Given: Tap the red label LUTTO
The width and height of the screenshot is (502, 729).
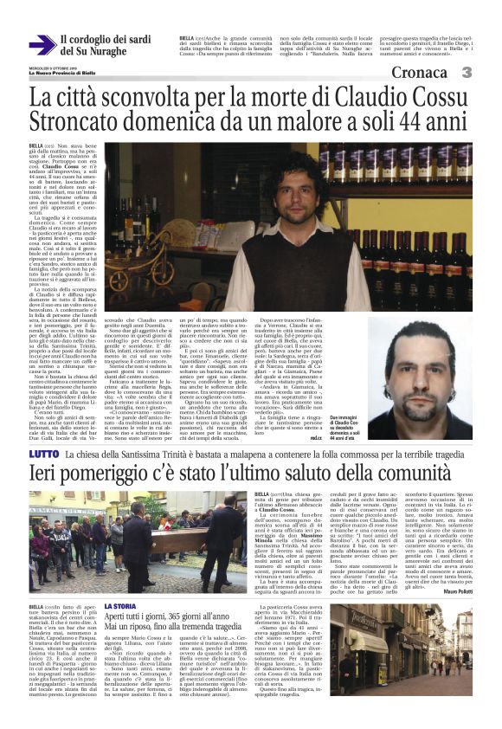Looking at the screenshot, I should (x=43, y=453).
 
